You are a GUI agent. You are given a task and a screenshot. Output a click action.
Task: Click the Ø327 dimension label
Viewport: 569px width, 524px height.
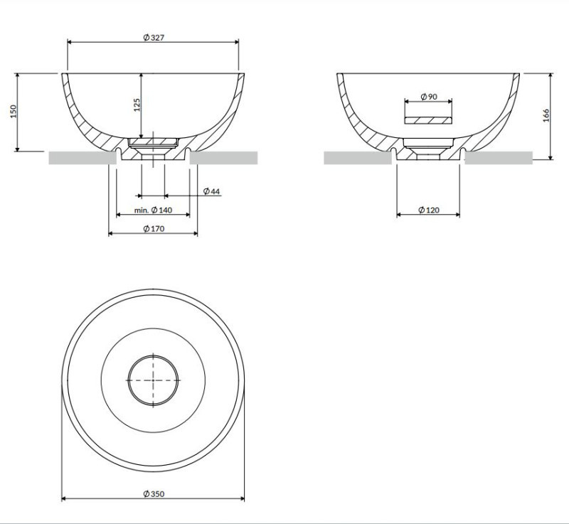coord(154,38)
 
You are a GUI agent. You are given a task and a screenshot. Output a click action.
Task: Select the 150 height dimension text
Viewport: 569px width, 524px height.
coord(14,112)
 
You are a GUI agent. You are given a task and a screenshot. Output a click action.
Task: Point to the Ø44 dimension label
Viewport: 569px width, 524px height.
coord(211,192)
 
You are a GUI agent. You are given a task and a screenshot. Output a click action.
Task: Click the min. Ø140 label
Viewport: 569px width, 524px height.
coord(153,210)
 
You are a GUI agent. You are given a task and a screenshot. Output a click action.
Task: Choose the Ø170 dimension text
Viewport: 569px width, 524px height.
coord(154,228)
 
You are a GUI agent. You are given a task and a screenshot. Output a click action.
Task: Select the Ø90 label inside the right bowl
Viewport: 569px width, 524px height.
coord(428,96)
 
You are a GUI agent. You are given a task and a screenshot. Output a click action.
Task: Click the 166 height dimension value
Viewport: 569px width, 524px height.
coord(546,115)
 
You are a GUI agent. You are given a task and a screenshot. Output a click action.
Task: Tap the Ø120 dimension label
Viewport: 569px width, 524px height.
coord(428,210)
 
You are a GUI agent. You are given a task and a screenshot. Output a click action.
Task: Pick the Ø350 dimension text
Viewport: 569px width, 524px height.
coord(154,494)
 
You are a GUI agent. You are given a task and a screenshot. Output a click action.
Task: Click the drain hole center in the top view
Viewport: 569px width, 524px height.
coord(154,380)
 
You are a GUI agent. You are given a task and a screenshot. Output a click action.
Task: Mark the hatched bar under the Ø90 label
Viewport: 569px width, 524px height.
coord(428,119)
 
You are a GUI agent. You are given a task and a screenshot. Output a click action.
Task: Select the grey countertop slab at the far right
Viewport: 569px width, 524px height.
coord(498,158)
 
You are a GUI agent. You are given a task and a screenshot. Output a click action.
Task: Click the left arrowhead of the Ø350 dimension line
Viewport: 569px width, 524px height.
coord(65,498)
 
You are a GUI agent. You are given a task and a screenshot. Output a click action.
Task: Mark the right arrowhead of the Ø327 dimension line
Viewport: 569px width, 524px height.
coord(237,42)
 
